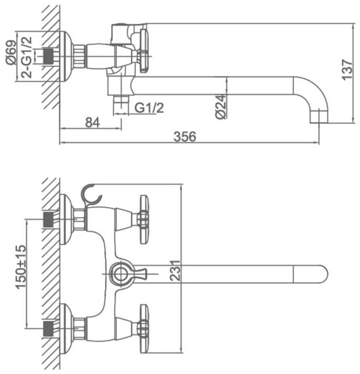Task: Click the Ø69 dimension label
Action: [x=11, y=52]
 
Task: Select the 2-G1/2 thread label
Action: [x=26, y=57]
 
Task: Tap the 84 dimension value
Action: [x=92, y=123]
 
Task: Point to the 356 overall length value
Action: [x=185, y=137]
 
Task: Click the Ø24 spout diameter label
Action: [x=220, y=107]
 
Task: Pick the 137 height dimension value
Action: [x=347, y=70]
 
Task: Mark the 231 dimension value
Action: [x=175, y=270]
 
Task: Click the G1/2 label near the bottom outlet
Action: [x=149, y=108]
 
